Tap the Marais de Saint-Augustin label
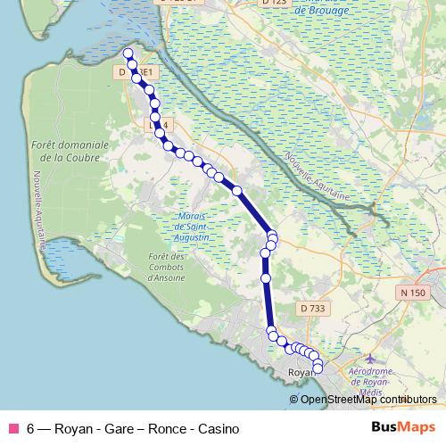pos(193,227)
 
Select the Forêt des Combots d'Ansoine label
pos(166,267)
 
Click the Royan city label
pos(301,372)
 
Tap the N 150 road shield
pos(412,293)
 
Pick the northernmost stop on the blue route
pos(128,54)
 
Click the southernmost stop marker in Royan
pos(318,368)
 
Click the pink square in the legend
pos(13,428)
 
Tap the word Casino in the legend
pos(218,428)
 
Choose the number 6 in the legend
pos(30,428)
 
